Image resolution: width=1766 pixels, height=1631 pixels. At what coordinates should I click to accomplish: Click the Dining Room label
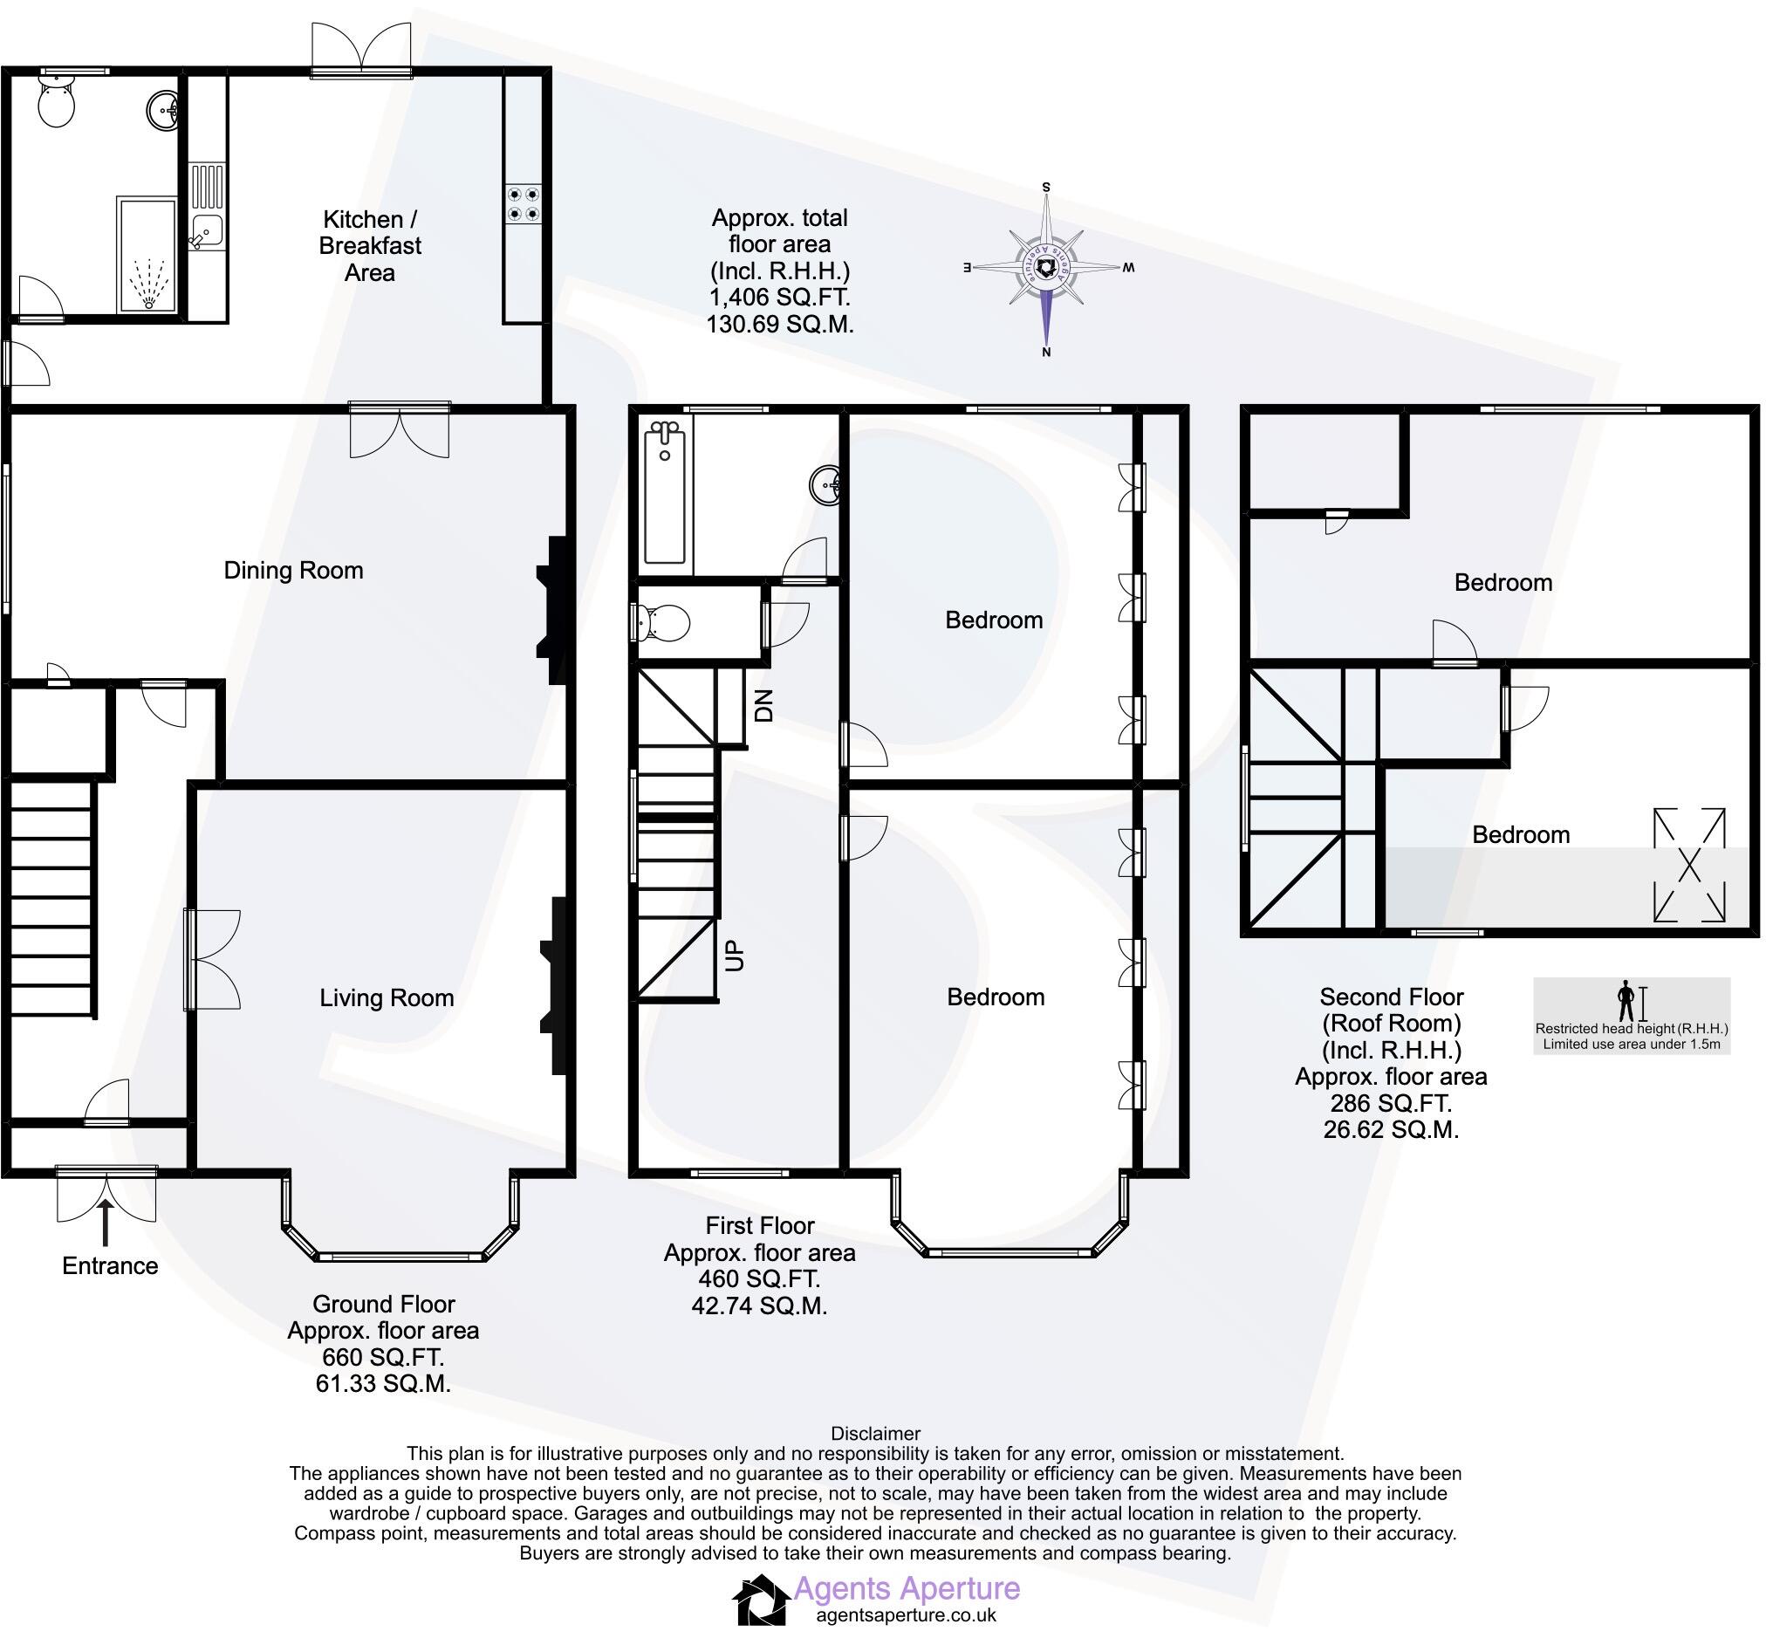click(x=293, y=570)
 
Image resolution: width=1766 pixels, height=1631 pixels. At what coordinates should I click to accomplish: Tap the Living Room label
click(x=387, y=998)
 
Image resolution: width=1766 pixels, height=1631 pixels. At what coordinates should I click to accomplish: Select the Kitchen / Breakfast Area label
click(x=370, y=245)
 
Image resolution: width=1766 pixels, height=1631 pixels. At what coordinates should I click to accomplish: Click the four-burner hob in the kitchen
click(x=523, y=204)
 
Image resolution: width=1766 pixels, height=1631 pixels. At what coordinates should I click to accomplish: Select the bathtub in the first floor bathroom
click(x=665, y=491)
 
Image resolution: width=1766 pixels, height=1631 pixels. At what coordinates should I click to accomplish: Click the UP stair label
click(x=735, y=956)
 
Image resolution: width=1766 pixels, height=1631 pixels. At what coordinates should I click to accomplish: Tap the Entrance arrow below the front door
click(x=106, y=1220)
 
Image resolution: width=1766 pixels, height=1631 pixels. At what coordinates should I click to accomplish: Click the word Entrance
click(x=109, y=1265)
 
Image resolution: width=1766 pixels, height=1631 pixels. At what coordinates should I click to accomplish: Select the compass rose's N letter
click(x=1047, y=353)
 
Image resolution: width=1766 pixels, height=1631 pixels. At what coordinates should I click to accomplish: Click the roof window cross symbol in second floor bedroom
click(x=1688, y=865)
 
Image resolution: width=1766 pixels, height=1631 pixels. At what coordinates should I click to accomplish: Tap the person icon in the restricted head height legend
click(x=1626, y=1002)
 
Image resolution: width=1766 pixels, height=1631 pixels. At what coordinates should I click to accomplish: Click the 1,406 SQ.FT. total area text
click(x=779, y=298)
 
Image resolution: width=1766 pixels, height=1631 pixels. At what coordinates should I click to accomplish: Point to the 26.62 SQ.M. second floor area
click(x=1391, y=1130)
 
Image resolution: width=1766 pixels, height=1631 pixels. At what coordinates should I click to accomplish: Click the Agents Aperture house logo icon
click(x=761, y=1600)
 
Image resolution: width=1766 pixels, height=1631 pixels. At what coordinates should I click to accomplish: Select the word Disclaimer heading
click(x=874, y=1433)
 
